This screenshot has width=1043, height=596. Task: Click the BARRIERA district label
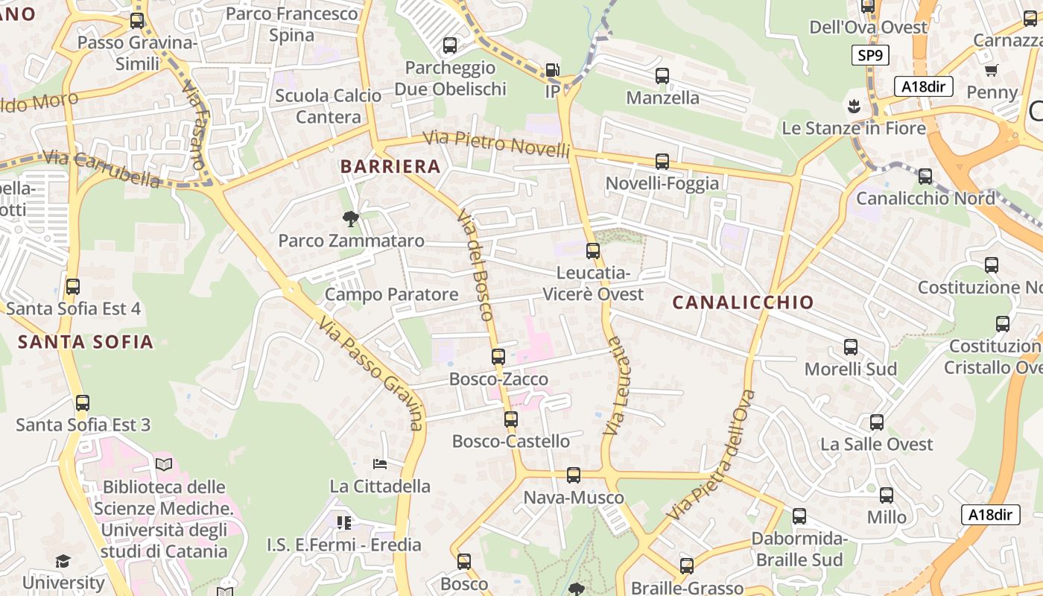(390, 167)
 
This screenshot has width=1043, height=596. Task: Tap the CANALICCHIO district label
(743, 302)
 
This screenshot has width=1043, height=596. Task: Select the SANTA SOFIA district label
(86, 342)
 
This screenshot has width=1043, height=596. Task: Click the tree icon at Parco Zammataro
(350, 218)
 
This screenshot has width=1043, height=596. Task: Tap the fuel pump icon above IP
(552, 70)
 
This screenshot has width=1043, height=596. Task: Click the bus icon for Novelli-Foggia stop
(662, 162)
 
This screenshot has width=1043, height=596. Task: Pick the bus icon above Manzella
(662, 76)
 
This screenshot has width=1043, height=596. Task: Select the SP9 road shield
(871, 56)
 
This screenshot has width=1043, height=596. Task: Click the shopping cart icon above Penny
(991, 71)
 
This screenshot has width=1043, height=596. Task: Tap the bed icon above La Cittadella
(380, 464)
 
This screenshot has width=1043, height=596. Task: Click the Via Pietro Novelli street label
(496, 143)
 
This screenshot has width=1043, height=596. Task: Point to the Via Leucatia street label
(614, 385)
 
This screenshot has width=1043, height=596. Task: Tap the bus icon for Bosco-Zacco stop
(498, 357)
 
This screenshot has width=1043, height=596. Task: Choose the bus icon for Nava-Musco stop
(573, 475)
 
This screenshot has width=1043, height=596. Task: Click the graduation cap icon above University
(63, 561)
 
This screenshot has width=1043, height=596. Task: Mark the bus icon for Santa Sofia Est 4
(73, 287)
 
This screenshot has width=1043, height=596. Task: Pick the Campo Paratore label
(391, 294)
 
